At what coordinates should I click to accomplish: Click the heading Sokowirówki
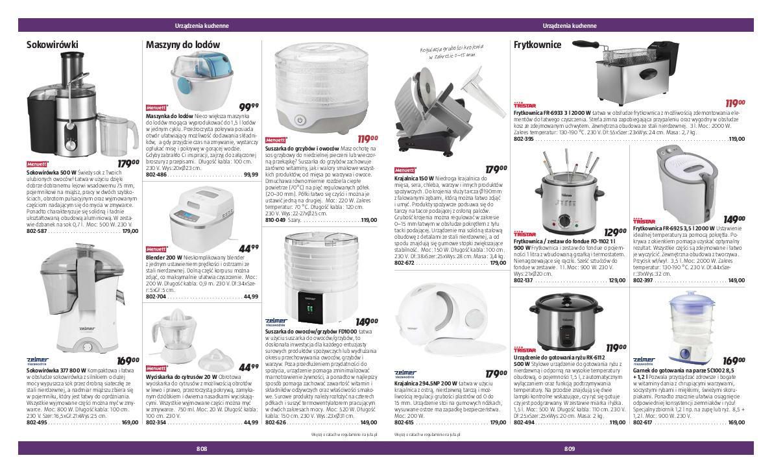(52, 45)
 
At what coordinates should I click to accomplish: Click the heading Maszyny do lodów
(183, 45)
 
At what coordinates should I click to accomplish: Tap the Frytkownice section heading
(537, 45)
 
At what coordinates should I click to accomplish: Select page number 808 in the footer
(202, 449)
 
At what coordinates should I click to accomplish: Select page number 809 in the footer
(570, 449)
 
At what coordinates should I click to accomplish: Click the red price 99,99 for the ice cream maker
(248, 107)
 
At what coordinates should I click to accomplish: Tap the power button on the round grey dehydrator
(300, 120)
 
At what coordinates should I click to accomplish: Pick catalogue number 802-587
(37, 231)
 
